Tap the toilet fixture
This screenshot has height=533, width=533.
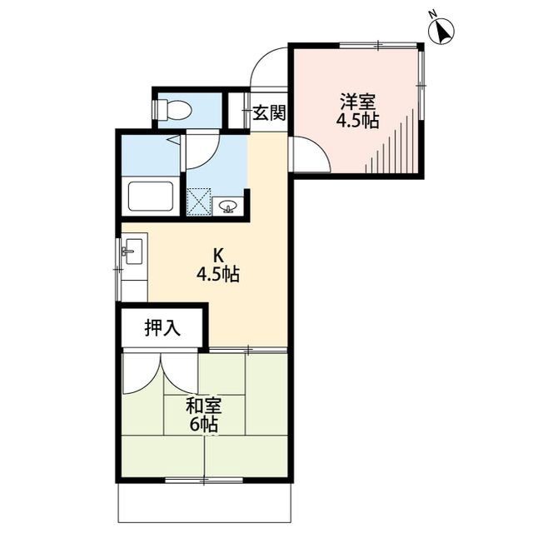(172, 108)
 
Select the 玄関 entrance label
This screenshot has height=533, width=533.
(268, 113)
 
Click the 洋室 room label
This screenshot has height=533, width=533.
(357, 102)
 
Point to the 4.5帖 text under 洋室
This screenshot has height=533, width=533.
(357, 121)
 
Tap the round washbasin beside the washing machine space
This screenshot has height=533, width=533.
(230, 205)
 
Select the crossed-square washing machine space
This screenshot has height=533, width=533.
(199, 202)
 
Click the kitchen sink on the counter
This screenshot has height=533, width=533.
(132, 252)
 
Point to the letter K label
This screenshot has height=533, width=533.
(218, 255)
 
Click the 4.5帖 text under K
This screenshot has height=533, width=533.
(218, 274)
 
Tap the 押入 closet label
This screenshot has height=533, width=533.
(162, 328)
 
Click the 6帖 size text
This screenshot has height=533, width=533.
(202, 425)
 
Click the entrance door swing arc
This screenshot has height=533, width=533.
(268, 65)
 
